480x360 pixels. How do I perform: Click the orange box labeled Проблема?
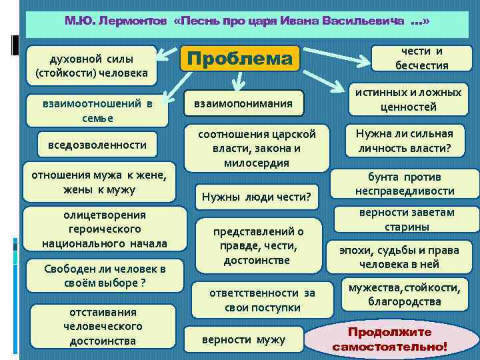tap(240, 59)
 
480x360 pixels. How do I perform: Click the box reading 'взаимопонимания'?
tap(243, 104)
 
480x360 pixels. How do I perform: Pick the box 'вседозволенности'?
tap(93, 145)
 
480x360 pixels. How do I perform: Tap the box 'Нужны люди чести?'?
tap(257, 197)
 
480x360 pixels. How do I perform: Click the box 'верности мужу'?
tap(243, 339)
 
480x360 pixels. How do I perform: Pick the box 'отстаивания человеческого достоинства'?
tap(103, 327)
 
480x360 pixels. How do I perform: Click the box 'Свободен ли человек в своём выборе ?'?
tap(104, 275)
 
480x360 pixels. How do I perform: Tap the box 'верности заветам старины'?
tap(407, 219)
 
